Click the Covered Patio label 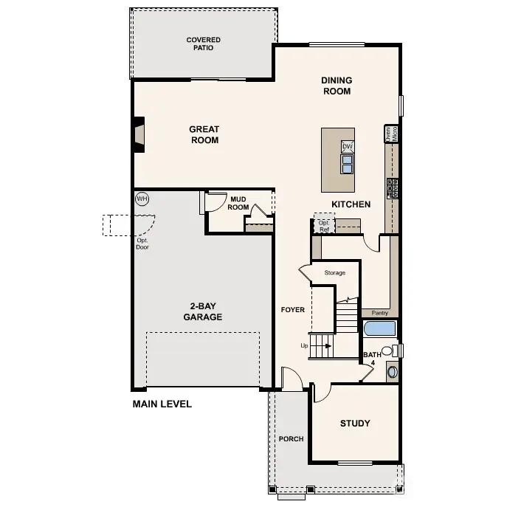(203, 44)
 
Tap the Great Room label (204, 134)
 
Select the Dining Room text (336, 86)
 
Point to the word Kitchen (351, 204)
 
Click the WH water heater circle (142, 199)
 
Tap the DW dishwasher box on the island (347, 147)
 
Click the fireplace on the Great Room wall (139, 135)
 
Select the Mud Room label (238, 204)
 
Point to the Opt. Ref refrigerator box (324, 226)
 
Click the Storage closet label (334, 273)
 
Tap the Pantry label (379, 313)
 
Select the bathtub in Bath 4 (380, 329)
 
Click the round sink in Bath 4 (392, 371)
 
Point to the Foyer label (292, 310)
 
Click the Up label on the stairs (305, 345)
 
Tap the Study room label (354, 424)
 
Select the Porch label (291, 439)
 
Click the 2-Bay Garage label (203, 312)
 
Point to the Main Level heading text (162, 404)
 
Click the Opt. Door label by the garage (142, 244)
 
